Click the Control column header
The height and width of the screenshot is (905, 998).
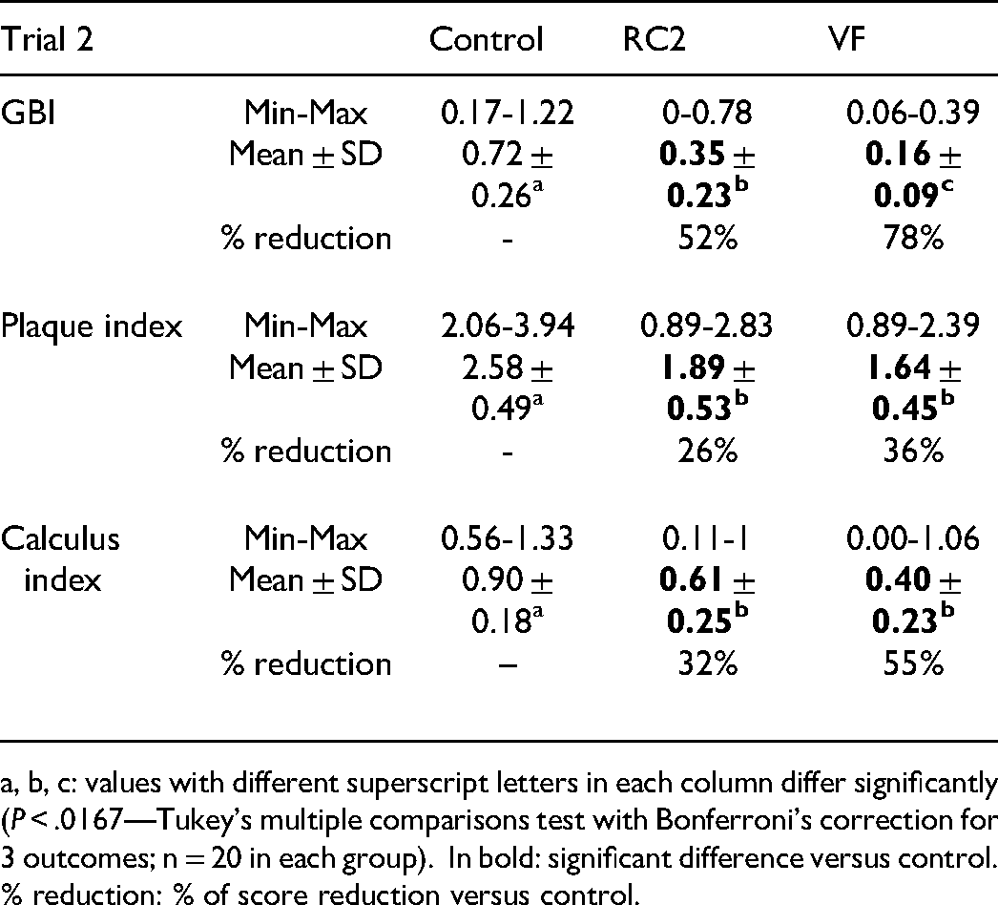(486, 39)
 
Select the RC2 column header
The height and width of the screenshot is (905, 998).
(655, 39)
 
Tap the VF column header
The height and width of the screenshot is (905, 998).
(847, 39)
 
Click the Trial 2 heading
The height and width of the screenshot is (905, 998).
(47, 39)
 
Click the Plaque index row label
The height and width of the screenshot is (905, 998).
(91, 327)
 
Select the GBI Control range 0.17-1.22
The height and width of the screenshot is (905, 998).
(508, 114)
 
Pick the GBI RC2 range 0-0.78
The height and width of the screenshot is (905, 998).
(706, 114)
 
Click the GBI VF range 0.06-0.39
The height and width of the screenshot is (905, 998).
(913, 114)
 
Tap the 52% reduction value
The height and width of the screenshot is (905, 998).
(708, 239)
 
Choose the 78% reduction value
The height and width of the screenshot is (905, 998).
(913, 239)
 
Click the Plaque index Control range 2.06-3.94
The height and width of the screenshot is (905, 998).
(508, 326)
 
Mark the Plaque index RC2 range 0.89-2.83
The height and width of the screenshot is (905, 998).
(706, 326)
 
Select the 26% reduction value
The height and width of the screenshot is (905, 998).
(708, 451)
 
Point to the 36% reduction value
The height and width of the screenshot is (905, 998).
(913, 451)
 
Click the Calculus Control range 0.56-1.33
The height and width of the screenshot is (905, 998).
(508, 538)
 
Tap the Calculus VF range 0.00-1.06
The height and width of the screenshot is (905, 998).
(913, 538)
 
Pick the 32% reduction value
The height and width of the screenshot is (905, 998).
(708, 663)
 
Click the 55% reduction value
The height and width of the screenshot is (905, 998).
(913, 663)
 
